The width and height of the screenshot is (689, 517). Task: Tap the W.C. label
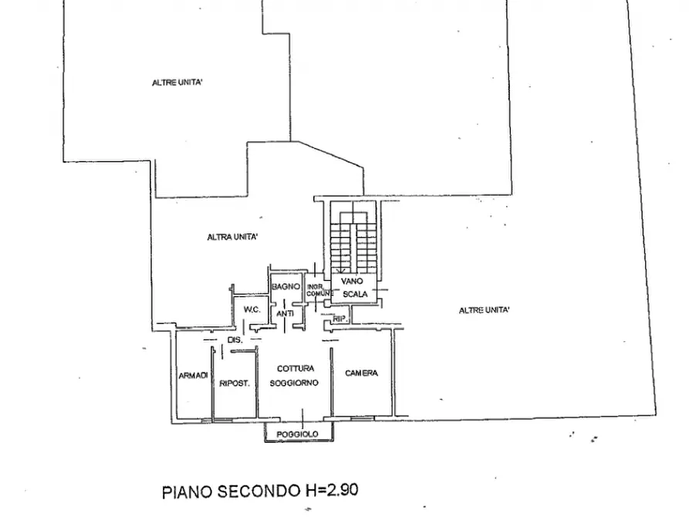click(x=252, y=309)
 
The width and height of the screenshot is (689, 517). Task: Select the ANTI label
click(x=285, y=313)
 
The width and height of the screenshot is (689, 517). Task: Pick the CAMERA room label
click(x=361, y=373)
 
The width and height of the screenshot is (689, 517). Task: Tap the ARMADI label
click(x=193, y=376)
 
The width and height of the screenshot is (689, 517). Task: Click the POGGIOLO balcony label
click(x=298, y=435)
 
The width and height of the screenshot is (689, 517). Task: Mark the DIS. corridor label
click(x=235, y=340)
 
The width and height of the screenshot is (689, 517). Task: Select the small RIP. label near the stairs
click(x=338, y=318)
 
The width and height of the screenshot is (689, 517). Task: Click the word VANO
click(x=352, y=282)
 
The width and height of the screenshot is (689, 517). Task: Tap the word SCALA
click(x=356, y=295)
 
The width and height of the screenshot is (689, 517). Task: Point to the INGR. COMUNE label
click(x=319, y=291)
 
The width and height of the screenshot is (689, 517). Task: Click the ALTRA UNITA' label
click(x=232, y=237)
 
